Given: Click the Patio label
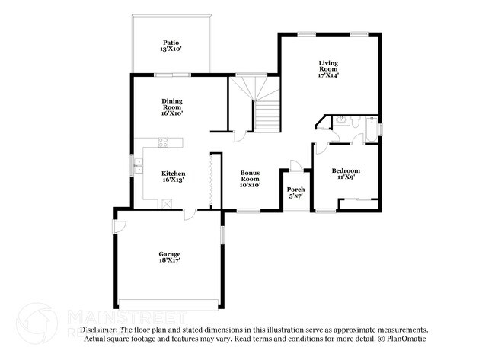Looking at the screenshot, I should pos(171,46).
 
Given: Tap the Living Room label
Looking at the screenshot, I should pos(328,71).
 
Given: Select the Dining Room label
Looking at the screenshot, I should pos(171,107).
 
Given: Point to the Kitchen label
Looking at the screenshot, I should pos(171,177).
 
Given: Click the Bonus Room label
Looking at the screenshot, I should pos(251,179).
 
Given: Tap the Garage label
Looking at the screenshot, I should pos(169,256).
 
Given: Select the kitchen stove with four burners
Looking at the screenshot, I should pos(162,142).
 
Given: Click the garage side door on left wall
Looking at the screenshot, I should pos(120,226).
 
